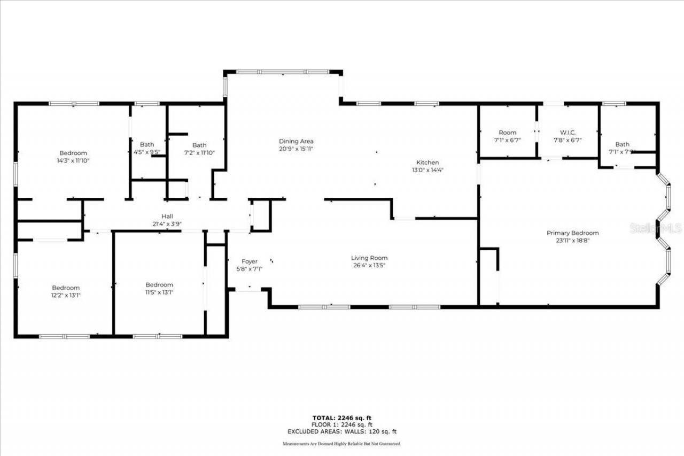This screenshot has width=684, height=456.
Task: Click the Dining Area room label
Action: pyautogui.click(x=296, y=142)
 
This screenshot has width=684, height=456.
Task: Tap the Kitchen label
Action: pyautogui.click(x=428, y=163)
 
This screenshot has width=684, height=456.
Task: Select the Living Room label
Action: pyautogui.click(x=369, y=258)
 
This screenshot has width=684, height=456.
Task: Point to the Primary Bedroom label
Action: pyautogui.click(x=572, y=233)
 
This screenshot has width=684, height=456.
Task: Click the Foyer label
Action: pyautogui.click(x=250, y=261)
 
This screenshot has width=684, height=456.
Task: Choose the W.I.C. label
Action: pyautogui.click(x=568, y=133)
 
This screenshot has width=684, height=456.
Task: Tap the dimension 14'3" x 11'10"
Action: pyautogui.click(x=73, y=160)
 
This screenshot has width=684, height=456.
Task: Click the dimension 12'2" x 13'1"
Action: pyautogui.click(x=66, y=295)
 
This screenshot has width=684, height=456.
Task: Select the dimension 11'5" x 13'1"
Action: pyautogui.click(x=159, y=292)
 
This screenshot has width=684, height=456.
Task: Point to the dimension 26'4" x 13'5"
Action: pyautogui.click(x=369, y=265)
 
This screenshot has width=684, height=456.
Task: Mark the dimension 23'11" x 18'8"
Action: pyautogui.click(x=572, y=241)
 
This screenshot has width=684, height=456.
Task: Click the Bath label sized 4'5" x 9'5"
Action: pyautogui.click(x=147, y=144)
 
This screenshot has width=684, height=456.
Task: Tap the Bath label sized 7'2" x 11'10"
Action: pyautogui.click(x=199, y=145)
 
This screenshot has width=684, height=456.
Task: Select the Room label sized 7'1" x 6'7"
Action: pyautogui.click(x=508, y=133)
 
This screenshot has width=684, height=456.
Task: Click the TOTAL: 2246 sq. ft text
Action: pyautogui.click(x=342, y=418)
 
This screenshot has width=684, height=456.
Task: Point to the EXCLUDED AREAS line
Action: pyautogui.click(x=342, y=431)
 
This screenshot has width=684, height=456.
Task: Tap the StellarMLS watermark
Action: pyautogui.click(x=656, y=228)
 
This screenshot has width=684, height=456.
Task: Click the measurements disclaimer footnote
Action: pyautogui.click(x=342, y=444)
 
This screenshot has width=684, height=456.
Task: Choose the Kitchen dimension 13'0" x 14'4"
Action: pyautogui.click(x=428, y=170)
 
